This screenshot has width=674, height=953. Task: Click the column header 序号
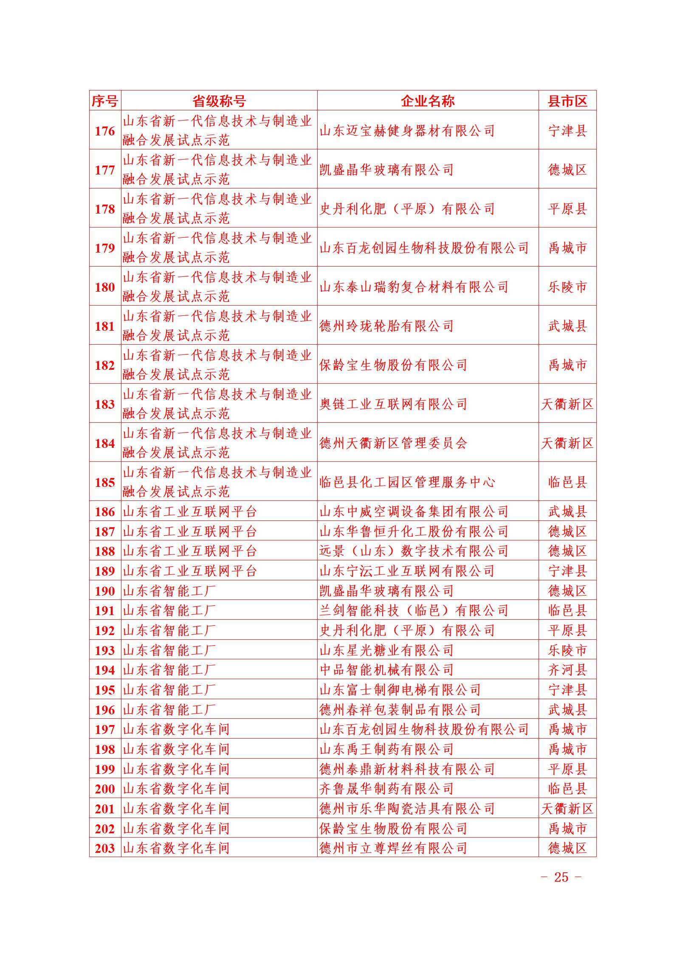point(105,101)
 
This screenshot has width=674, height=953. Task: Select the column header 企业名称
point(428,101)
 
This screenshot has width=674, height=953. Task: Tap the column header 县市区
point(567,101)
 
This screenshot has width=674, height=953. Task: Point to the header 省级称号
point(219,101)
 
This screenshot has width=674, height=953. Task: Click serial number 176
point(105,131)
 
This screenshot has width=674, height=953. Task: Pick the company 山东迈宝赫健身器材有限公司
point(407,131)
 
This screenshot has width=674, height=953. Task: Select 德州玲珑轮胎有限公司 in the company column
point(386,326)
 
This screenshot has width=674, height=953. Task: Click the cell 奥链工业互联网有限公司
point(393,404)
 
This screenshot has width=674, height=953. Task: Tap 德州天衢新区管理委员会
point(393,443)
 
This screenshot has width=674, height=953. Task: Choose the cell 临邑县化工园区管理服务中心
point(407,482)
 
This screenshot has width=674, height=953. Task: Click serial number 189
point(105,571)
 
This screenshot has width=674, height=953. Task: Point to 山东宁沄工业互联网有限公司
point(407,571)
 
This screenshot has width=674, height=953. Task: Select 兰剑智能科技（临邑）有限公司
point(414,611)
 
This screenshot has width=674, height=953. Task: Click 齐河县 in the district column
point(567,670)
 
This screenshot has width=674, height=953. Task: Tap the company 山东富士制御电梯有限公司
point(400,690)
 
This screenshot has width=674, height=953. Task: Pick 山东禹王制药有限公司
point(386,749)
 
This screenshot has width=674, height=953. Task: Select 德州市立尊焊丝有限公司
point(393,848)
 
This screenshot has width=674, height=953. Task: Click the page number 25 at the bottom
point(561,877)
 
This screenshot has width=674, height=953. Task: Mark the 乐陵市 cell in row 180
point(567,287)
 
